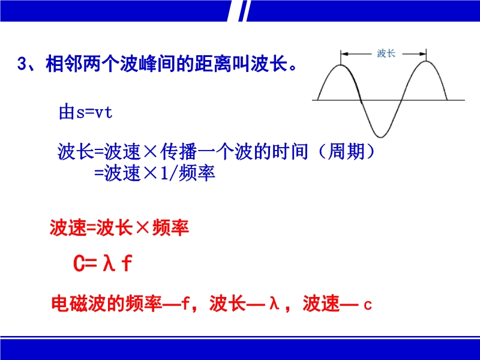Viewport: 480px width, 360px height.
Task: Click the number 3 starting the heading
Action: pyautogui.click(x=22, y=64)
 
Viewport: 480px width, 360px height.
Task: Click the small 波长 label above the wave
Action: pyautogui.click(x=386, y=53)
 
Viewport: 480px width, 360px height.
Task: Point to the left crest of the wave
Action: pyautogui.click(x=341, y=65)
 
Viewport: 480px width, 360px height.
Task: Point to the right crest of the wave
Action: pyautogui.click(x=426, y=61)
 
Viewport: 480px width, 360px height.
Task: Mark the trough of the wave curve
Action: pyautogui.click(x=380, y=137)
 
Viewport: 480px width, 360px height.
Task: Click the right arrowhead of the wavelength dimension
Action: pyautogui.click(x=422, y=54)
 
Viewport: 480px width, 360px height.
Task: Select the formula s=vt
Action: pyautogui.click(x=94, y=113)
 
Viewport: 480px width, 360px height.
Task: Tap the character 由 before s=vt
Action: pyautogui.click(x=67, y=112)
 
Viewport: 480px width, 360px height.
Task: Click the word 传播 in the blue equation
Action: pyautogui.click(x=179, y=152)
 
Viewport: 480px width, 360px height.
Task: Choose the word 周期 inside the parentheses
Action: pyautogui.click(x=346, y=152)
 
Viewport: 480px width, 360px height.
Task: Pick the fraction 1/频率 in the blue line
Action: pyautogui.click(x=188, y=173)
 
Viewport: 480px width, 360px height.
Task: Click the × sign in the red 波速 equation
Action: pyautogui.click(x=142, y=227)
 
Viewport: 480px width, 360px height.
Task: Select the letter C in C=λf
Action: pyautogui.click(x=79, y=263)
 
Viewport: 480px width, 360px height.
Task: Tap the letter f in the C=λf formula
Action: pyautogui.click(x=127, y=263)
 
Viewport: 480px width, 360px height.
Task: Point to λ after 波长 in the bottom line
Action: pyautogui.click(x=274, y=303)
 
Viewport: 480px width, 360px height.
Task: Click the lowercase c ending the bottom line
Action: pyautogui.click(x=368, y=305)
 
